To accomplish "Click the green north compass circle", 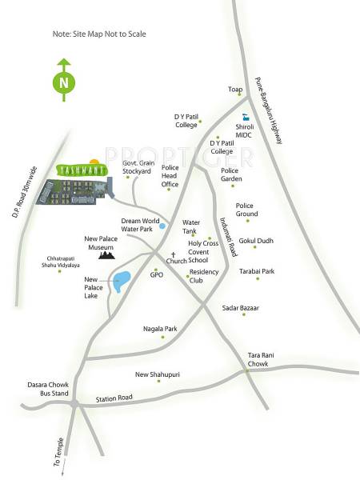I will click(63, 82).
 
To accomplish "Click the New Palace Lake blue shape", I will click(122, 281).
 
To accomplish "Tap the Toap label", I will click(235, 90).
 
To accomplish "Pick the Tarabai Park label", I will click(257, 271).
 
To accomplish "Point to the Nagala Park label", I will click(159, 329).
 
